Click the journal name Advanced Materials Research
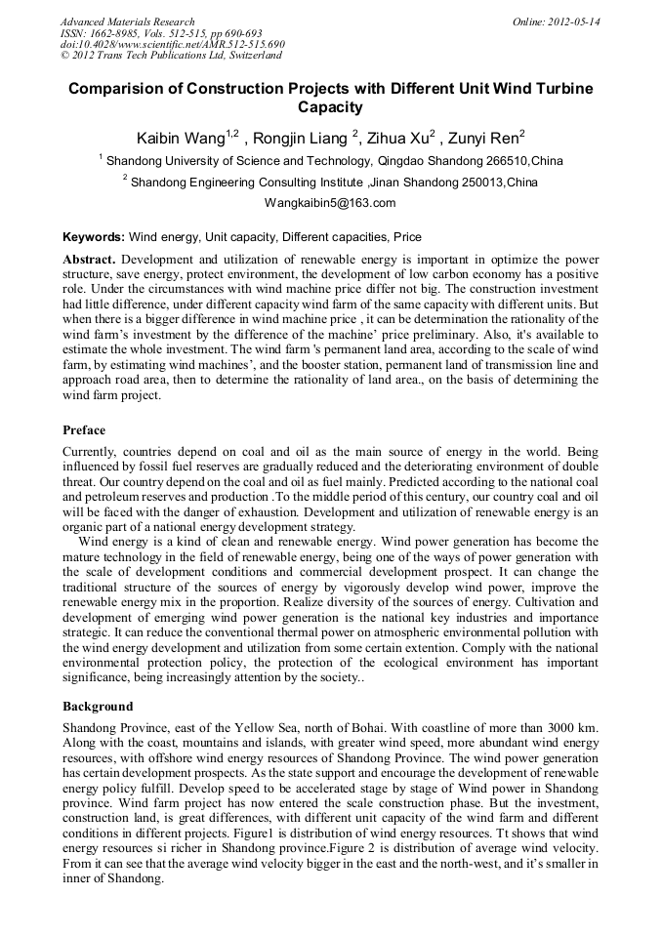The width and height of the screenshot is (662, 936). pyautogui.click(x=127, y=21)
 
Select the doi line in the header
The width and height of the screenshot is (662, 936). pyautogui.click(x=172, y=45)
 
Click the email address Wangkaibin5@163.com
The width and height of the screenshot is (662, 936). pyautogui.click(x=330, y=203)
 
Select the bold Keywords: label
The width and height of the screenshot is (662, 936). pyautogui.click(x=94, y=237)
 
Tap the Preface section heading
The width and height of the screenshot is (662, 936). pyautogui.click(x=84, y=430)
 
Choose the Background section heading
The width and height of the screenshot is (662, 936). pyautogui.click(x=98, y=706)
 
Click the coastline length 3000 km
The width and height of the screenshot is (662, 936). pyautogui.click(x=569, y=728)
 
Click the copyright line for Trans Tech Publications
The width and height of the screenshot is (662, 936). pyautogui.click(x=172, y=56)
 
